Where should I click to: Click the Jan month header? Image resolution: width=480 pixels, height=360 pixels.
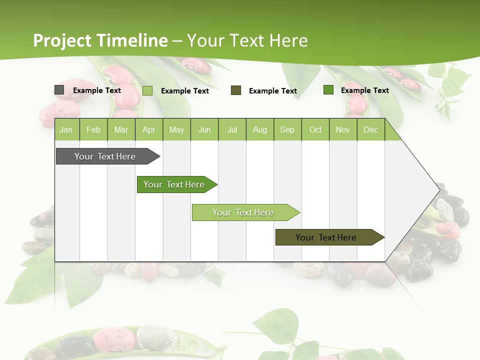[66, 129]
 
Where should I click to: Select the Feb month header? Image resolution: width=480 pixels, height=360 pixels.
[93, 129]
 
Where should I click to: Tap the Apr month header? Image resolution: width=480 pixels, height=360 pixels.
[148, 129]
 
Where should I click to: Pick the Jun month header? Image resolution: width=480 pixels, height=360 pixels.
[204, 129]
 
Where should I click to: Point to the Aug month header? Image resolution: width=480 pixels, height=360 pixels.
[259, 129]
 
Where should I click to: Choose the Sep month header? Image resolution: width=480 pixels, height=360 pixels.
[287, 129]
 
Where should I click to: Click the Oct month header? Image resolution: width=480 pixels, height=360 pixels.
[315, 129]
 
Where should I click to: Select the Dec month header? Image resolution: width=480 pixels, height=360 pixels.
[370, 129]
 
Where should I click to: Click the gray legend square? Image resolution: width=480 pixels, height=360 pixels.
[59, 90]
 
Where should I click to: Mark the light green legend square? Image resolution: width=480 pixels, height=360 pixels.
[147, 90]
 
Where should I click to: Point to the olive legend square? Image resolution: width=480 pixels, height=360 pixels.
[236, 90]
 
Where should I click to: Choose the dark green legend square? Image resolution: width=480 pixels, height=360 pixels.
[328, 90]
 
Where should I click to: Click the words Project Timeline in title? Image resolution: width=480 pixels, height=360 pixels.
[100, 40]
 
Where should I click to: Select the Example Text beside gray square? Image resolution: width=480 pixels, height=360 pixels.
[97, 90]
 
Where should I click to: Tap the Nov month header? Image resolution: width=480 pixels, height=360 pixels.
[343, 129]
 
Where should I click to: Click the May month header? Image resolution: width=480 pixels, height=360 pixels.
[176, 129]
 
